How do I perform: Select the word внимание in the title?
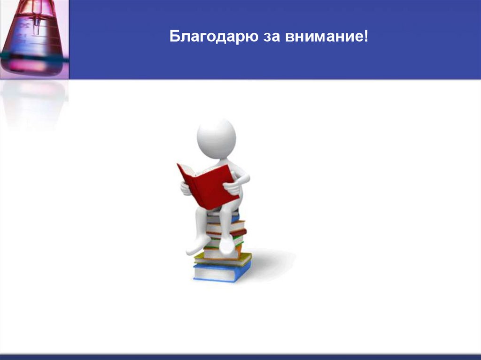tap(323, 37)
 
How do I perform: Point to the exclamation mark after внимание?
tap(366, 37)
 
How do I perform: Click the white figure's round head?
tap(216, 138)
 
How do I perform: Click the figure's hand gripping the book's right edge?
tap(233, 187)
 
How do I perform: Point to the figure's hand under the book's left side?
tap(186, 188)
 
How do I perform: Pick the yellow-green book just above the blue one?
tap(223, 259)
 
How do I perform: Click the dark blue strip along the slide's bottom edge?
tap(240, 357)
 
